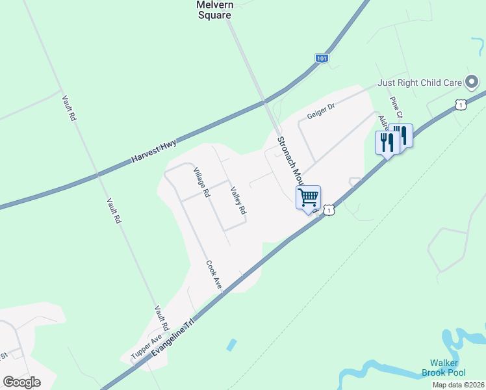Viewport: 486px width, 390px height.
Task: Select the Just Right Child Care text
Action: click(420, 83)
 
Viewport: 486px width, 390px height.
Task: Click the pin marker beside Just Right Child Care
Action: click(472, 83)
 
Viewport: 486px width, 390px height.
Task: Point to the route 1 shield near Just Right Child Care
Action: click(460, 105)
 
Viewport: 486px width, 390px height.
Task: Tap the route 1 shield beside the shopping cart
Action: click(330, 210)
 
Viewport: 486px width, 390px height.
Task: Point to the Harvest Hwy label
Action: click(154, 151)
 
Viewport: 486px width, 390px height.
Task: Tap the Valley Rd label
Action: click(238, 201)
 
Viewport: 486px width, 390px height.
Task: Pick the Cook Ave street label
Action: click(214, 276)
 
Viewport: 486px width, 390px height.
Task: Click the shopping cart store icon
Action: click(308, 196)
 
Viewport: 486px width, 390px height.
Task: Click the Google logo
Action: click(22, 382)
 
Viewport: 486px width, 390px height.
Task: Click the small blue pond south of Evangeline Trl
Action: click(231, 344)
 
